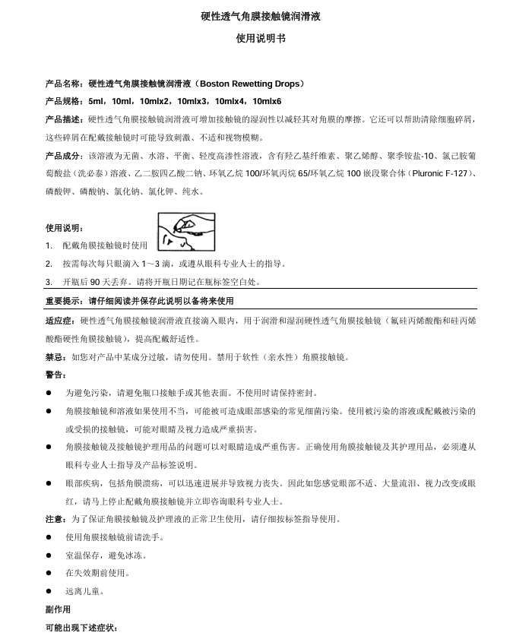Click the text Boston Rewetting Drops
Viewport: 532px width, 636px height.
point(251,84)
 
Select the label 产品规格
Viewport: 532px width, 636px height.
point(65,101)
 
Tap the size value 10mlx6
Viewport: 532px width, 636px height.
point(268,101)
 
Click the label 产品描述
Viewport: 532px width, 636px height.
point(65,119)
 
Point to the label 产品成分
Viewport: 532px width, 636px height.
point(65,156)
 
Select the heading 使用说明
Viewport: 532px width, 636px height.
point(65,228)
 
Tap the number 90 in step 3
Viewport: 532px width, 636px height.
point(106,282)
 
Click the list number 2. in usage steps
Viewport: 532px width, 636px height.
point(49,264)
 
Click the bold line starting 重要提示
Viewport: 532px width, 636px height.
point(140,301)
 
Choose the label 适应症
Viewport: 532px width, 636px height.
point(61,321)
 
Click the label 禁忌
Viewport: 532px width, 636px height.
point(55,357)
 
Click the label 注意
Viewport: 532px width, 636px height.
point(55,520)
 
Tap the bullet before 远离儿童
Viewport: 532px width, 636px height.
point(49,591)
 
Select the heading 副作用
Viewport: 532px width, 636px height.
point(59,609)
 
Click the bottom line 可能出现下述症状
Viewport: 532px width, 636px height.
point(82,628)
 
